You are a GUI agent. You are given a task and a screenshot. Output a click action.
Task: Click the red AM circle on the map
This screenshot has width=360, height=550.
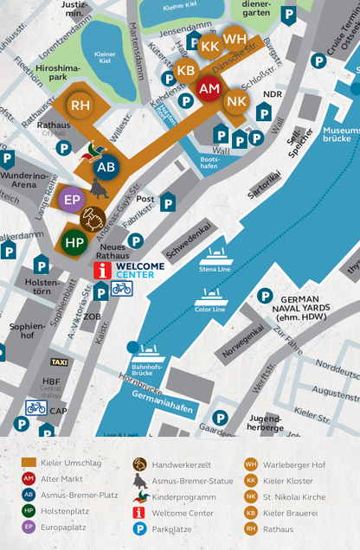pyautogui.click(x=209, y=88)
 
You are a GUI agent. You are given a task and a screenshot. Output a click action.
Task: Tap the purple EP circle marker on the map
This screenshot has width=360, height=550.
pyautogui.click(x=71, y=199)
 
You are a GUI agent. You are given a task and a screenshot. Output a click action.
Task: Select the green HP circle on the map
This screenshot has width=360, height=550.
pyautogui.click(x=74, y=242)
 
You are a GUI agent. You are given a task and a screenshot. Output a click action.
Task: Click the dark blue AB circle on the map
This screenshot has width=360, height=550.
pyautogui.click(x=106, y=167)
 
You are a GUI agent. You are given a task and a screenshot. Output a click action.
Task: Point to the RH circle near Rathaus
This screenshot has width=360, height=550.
pyautogui.click(x=80, y=105)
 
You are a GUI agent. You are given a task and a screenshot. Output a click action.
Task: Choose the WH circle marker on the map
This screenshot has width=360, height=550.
pyautogui.click(x=235, y=39)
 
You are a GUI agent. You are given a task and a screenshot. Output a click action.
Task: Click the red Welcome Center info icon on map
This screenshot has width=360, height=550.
pyautogui.click(x=103, y=271)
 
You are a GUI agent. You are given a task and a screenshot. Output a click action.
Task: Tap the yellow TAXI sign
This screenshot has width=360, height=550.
pyautogui.click(x=60, y=361)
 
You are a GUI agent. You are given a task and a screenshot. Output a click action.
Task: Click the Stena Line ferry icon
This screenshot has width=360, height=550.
pyautogui.click(x=216, y=257)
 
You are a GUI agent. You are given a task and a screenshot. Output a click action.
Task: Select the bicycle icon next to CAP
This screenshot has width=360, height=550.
pyautogui.click(x=35, y=407)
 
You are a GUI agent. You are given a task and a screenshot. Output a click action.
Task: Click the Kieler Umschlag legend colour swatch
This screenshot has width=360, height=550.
pyautogui.click(x=29, y=464)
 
